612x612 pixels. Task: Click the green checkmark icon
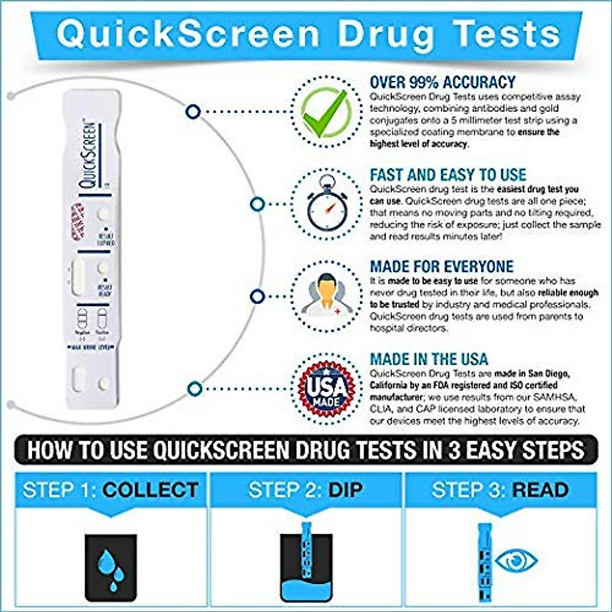coord(325,112)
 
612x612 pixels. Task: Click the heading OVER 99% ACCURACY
coord(442,82)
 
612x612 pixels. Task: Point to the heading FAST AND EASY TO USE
coord(448,174)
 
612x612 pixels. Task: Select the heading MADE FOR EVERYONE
coord(442,266)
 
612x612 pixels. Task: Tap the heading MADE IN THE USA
coord(429,359)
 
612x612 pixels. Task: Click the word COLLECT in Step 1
coord(150,490)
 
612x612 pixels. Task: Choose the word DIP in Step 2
coord(345,490)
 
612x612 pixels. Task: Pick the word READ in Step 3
coord(540,490)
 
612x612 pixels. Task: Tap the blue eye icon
coord(517,560)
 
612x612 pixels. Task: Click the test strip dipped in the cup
coord(306,551)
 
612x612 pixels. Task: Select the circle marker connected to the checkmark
coord(193,111)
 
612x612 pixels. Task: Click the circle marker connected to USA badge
coord(194,389)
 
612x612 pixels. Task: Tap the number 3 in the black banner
coord(455,450)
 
